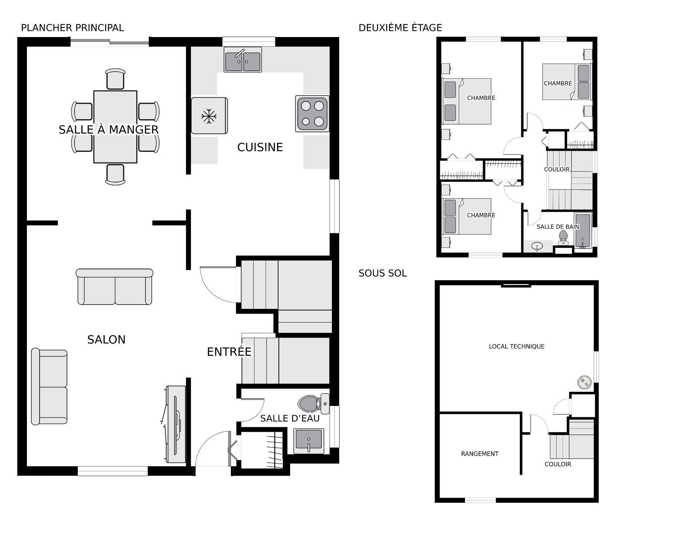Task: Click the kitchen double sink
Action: [242, 60]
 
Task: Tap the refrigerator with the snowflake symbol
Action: [209, 116]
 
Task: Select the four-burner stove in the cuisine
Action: [312, 113]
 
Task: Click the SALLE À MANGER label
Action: [109, 130]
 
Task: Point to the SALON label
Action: [106, 339]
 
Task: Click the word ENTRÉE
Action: [229, 352]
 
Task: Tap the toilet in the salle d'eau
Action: [313, 403]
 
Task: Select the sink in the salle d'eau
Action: [309, 441]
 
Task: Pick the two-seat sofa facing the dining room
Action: [115, 287]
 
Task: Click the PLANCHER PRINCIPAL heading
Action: [72, 28]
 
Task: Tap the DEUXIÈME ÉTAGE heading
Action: [400, 28]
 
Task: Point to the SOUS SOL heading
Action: [382, 273]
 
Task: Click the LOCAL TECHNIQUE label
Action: [517, 346]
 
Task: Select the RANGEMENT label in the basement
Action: [480, 454]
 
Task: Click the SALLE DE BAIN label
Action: [558, 227]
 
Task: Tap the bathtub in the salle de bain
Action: [583, 231]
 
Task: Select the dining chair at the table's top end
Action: [115, 79]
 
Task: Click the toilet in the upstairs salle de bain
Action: [563, 237]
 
